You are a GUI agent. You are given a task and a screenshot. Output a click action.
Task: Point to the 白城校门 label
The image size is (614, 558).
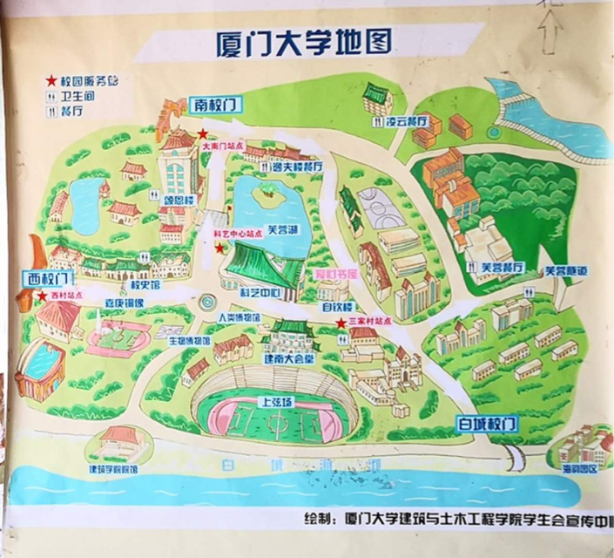point(487,424)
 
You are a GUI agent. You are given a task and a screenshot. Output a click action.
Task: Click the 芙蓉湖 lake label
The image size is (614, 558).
point(281,231)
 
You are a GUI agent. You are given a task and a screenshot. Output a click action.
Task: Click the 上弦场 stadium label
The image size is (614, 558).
point(277,404)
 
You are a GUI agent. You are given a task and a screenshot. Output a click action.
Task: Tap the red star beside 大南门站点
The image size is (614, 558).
point(203,134)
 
